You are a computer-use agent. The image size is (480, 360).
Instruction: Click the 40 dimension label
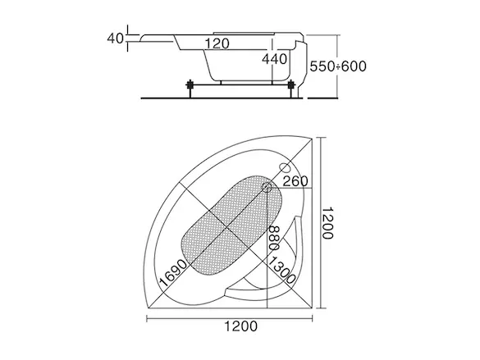coord(116,39)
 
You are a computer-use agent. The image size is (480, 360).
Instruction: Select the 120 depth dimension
coord(217,43)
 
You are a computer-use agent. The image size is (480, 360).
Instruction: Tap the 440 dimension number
coord(275,59)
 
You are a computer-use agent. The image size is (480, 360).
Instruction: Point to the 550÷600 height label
coord(338,66)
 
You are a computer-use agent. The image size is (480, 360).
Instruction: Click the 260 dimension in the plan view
coord(295,181)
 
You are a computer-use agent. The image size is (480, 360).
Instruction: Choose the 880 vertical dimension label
coord(274,239)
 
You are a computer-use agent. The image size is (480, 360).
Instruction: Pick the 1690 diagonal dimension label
coord(173,273)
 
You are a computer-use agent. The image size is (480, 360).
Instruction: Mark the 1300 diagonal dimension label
coord(281,270)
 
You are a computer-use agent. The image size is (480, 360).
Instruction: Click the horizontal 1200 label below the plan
coord(241,326)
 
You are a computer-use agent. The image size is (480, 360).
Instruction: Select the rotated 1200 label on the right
coord(327,223)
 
